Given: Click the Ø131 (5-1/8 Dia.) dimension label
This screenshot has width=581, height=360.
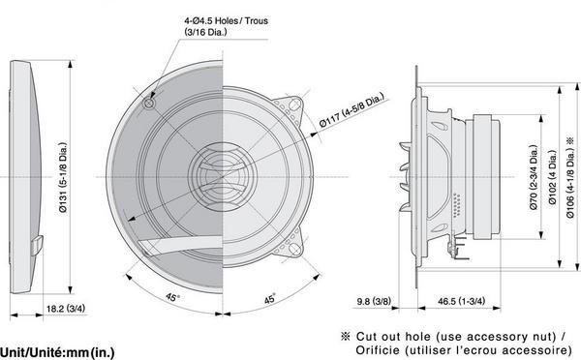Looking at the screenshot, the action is click(63, 177).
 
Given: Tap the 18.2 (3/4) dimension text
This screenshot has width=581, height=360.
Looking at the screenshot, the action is click(66, 308).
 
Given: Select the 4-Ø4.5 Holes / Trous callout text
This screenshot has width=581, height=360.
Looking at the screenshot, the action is click(226, 20).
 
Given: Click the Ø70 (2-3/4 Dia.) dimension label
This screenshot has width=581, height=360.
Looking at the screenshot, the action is click(534, 177).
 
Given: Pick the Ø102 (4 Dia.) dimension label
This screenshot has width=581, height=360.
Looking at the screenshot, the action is click(553, 177).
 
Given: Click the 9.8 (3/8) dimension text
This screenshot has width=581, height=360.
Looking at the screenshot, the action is click(374, 301).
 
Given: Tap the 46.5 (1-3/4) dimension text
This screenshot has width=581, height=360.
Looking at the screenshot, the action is click(461, 301).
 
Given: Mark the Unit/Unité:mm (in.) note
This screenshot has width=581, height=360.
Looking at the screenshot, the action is click(57, 352).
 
